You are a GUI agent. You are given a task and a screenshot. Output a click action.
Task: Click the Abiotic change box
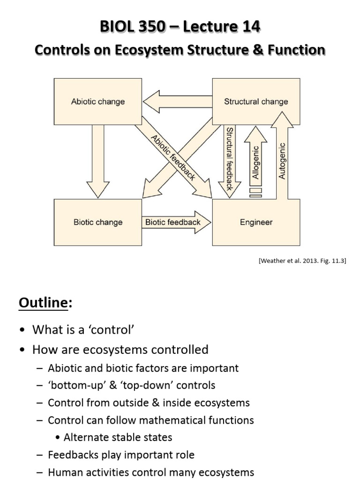tap(98, 101)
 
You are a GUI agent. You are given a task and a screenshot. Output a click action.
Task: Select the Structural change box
tap(256, 101)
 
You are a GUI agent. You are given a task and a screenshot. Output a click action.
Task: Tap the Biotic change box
tap(98, 222)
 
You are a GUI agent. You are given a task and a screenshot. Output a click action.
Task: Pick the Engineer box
tap(256, 222)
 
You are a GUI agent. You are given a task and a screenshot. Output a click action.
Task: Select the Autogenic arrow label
tap(282, 161)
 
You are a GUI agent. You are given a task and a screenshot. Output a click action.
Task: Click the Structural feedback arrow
tap(229, 158)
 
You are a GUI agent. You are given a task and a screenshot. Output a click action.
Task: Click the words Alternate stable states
tap(118, 437)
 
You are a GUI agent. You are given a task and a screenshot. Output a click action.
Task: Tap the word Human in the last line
tap(64, 472)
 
